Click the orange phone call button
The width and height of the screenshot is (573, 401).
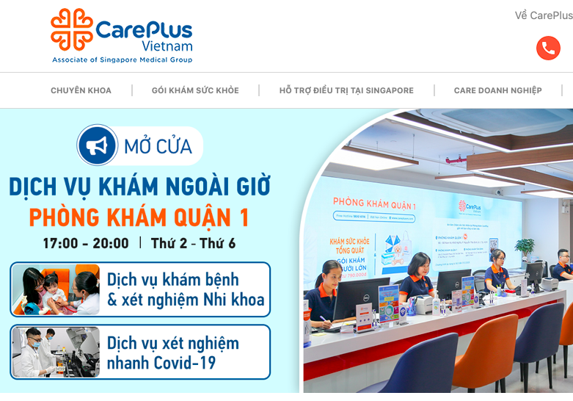tap(548, 48)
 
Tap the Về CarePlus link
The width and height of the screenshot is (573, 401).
tap(544, 15)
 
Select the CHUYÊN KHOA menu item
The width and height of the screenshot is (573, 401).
tap(81, 90)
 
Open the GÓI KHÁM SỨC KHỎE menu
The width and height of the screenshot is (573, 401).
tap(195, 90)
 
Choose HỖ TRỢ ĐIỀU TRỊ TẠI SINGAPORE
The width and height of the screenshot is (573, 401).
tap(346, 90)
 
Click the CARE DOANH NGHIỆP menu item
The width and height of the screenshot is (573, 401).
tap(497, 90)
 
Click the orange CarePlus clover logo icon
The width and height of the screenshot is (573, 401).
tap(72, 30)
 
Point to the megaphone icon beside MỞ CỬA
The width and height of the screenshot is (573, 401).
tap(97, 145)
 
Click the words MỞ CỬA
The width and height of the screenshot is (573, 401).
tap(158, 146)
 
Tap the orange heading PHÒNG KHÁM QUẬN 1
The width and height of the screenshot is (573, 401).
tap(139, 217)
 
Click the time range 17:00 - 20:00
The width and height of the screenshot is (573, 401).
tap(85, 243)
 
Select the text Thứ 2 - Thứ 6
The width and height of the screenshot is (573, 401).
tap(193, 243)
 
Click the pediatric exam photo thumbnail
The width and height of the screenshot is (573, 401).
tap(56, 289)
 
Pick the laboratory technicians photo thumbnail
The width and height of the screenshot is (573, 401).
tap(56, 352)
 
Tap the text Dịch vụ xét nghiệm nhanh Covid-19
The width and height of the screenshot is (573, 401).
tap(173, 353)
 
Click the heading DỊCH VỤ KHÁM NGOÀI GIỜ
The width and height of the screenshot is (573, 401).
tap(139, 187)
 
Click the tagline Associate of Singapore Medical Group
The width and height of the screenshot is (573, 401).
tap(122, 59)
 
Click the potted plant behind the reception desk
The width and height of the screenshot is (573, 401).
tap(524, 248)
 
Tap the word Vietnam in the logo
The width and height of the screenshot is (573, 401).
tap(167, 46)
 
